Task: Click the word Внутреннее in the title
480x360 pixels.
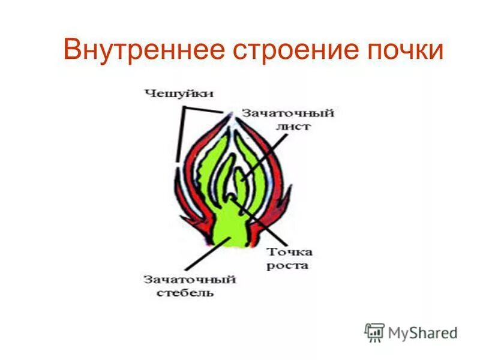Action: [141, 50]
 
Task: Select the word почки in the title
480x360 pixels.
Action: [403, 50]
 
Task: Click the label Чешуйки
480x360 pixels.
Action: [178, 93]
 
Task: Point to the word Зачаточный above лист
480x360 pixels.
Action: [288, 113]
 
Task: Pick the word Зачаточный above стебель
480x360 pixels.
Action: [189, 280]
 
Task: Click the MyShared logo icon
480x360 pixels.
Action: [374, 332]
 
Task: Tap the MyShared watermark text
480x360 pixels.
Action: [422, 332]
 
